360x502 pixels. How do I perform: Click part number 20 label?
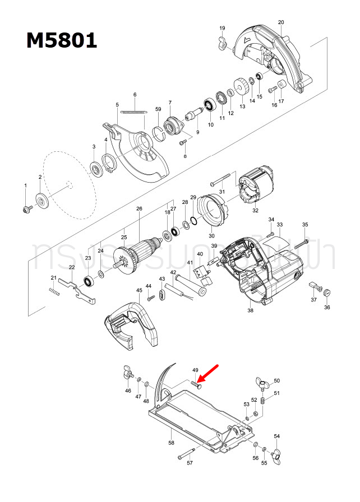coord(281,22)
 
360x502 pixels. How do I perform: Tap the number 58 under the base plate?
coord(171,443)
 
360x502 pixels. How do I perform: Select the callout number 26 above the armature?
coord(139,209)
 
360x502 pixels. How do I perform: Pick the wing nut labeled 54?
coord(276,454)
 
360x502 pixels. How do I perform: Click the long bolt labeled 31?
coord(222,180)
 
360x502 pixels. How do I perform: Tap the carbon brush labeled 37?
coord(312,285)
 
